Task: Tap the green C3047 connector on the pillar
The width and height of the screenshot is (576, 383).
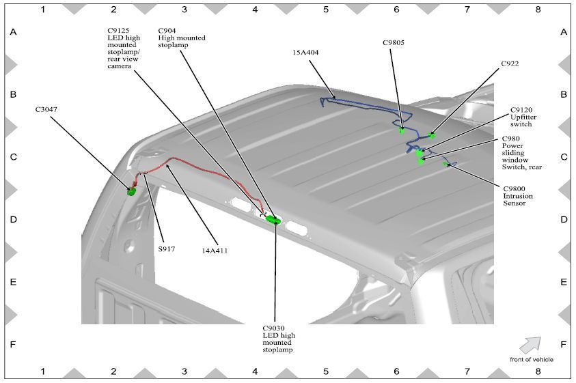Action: [x=131, y=190]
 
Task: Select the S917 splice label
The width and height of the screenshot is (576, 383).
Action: [x=167, y=249]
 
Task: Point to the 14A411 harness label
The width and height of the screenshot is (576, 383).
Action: [x=214, y=251]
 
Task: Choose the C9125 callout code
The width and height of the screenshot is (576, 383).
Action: [x=120, y=30]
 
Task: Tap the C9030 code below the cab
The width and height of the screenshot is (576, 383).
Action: [x=274, y=327]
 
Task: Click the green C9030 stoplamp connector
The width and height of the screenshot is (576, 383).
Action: [x=274, y=219]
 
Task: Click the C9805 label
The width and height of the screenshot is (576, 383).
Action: [x=393, y=42]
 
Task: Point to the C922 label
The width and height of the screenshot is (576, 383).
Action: [x=510, y=63]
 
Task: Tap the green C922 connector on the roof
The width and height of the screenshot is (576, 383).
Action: [x=431, y=135]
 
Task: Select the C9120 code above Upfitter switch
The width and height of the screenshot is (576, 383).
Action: [x=521, y=109]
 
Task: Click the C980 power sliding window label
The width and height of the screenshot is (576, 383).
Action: [x=512, y=138]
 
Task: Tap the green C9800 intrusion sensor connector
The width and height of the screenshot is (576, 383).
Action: [x=445, y=164]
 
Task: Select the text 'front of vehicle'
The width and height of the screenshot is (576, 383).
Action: [x=531, y=359]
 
